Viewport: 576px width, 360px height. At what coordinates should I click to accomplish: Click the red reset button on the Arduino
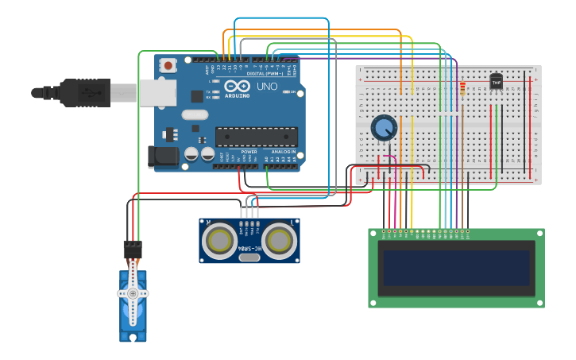click(x=168, y=66)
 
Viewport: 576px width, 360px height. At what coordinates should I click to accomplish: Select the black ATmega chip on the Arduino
click(x=256, y=137)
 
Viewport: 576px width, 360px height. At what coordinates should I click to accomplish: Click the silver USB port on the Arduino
click(x=157, y=92)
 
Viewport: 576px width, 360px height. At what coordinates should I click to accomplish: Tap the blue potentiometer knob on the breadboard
click(x=384, y=127)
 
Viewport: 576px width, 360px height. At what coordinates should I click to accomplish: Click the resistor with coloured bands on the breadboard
click(x=462, y=88)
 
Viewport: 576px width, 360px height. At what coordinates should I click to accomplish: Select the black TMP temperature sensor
click(x=497, y=81)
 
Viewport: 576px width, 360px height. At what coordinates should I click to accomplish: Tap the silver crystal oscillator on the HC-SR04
click(x=249, y=257)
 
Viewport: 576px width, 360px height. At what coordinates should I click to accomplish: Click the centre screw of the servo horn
click(x=133, y=293)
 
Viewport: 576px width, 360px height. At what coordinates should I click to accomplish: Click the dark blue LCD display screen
click(x=456, y=269)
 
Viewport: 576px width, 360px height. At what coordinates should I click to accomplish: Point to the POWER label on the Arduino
click(x=249, y=151)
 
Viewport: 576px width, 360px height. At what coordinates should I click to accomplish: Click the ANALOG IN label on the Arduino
click(x=284, y=151)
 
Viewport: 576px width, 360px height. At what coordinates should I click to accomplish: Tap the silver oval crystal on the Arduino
click(x=195, y=114)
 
